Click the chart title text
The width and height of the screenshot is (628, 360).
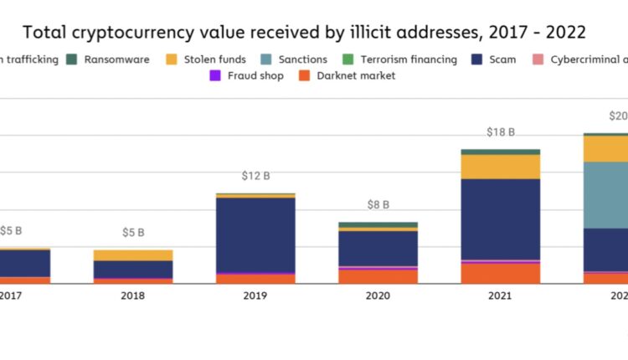pos(304,33)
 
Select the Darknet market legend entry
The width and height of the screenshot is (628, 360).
pos(354,76)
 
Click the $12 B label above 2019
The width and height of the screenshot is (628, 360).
pos(255,177)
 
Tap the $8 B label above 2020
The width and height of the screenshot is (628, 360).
pos(378,205)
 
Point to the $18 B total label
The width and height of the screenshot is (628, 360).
pos(501,132)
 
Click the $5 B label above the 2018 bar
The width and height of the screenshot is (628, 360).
pos(133,233)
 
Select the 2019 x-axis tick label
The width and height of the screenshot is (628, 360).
pos(255,296)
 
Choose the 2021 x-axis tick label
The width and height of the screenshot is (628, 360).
pos(501,296)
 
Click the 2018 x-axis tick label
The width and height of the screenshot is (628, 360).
pos(133,296)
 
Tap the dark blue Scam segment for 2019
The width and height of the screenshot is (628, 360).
pos(255,235)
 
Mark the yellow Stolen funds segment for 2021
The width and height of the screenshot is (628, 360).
pos(501,167)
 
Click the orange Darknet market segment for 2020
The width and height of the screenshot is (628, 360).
pos(378,276)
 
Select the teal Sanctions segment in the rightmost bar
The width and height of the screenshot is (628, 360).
pos(605,195)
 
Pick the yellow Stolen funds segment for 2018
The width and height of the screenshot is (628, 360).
pos(133,255)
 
